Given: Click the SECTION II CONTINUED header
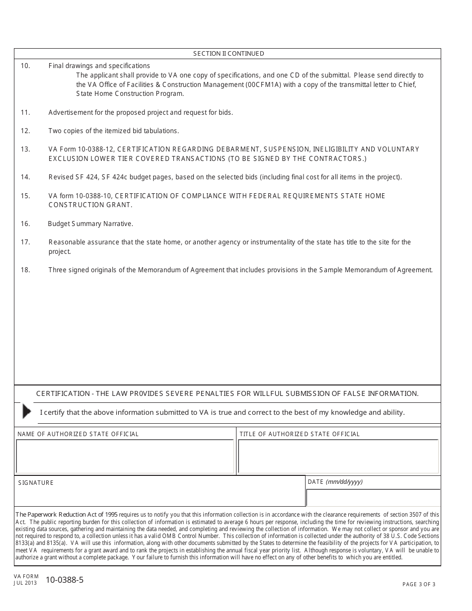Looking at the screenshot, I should tap(229, 54).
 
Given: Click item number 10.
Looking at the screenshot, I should tap(25, 66).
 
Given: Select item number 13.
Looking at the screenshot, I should tap(25, 149).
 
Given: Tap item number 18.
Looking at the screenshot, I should tap(25, 270).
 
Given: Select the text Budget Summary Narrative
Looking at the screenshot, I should tap(90, 224).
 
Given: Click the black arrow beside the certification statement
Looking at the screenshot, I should tap(26, 411).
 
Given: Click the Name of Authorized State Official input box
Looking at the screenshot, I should tap(125, 456).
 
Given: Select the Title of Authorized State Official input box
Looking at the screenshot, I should tap(338, 456).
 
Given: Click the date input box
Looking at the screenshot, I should tap(373, 497).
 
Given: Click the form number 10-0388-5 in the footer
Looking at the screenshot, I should tap(65, 580).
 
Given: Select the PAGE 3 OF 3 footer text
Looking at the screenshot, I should tap(418, 584).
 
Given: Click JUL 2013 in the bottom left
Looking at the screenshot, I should tap(26, 583).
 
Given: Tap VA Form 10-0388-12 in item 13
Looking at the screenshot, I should tap(79, 149).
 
